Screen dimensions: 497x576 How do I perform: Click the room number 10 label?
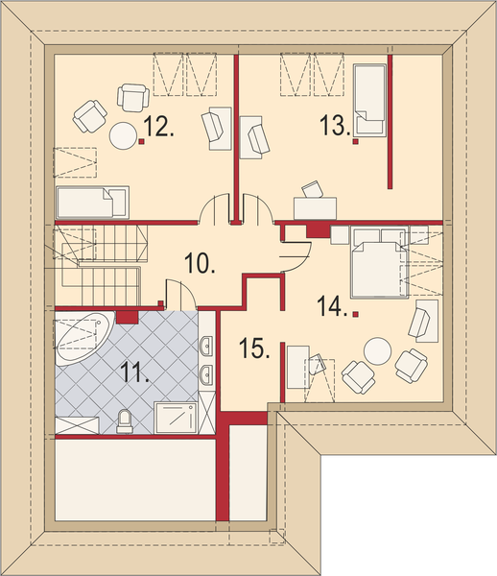click(x=200, y=263)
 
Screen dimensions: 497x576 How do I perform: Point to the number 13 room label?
click(x=336, y=125)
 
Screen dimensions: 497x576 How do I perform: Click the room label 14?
click(x=333, y=306)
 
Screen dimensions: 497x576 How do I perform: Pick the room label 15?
click(x=254, y=348)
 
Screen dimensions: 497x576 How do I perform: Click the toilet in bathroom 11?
click(x=124, y=421)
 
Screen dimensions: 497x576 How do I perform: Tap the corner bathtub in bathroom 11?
click(x=83, y=339)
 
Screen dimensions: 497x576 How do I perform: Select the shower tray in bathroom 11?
click(x=176, y=418)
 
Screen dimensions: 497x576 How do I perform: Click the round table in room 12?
click(x=124, y=135)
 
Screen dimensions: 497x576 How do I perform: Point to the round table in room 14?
click(x=378, y=350)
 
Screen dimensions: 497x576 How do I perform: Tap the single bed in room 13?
click(x=370, y=100)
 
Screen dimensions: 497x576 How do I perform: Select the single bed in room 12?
click(x=92, y=203)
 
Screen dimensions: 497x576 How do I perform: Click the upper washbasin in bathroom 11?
click(x=206, y=346)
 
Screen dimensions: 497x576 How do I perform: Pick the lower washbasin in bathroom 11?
click(x=206, y=374)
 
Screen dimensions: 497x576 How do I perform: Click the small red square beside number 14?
click(x=355, y=314)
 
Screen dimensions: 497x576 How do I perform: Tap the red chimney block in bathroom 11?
click(x=127, y=318)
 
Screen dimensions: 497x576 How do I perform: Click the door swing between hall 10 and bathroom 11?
click(x=180, y=293)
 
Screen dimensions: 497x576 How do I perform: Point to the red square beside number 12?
click(x=142, y=141)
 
